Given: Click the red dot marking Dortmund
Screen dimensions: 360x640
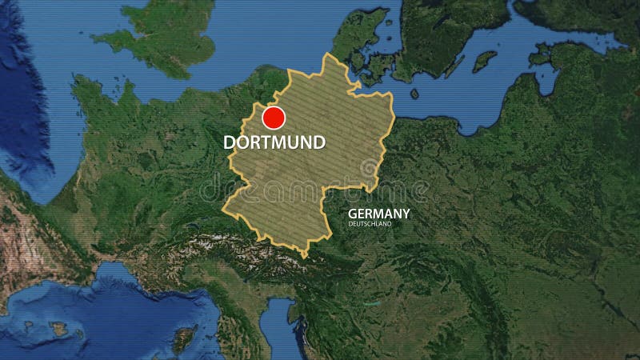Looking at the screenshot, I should [274, 118].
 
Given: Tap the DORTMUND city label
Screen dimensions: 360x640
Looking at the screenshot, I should [274, 143].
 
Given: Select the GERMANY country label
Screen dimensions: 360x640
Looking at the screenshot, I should [379, 214].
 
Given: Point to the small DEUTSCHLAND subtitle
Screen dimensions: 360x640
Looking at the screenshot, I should [370, 225].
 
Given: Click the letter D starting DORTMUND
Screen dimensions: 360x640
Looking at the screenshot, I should [230, 143].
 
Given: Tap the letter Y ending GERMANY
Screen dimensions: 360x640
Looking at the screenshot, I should [406, 214].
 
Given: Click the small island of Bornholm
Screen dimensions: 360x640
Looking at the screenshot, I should [414, 94].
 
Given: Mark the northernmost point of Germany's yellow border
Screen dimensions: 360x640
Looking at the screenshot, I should [326, 54].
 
